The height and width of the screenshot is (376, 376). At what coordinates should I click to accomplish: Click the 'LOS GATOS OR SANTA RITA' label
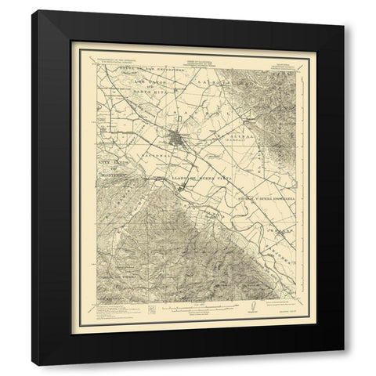coord(141,85)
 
